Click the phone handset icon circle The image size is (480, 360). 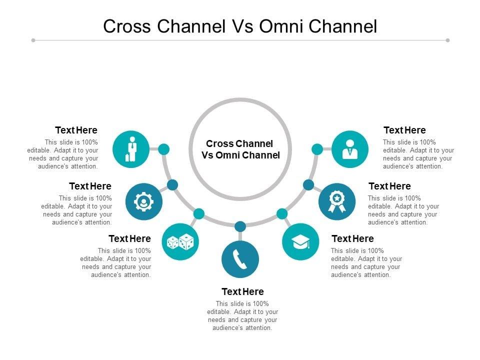pyautogui.click(x=240, y=259)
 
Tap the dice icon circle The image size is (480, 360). pyautogui.click(x=180, y=242)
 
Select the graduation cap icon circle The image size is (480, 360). pyautogui.click(x=300, y=242)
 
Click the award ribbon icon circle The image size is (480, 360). pyautogui.click(x=337, y=201)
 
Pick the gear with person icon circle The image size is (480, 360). pyautogui.click(x=144, y=201)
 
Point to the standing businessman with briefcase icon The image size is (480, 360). pyautogui.click(x=131, y=149)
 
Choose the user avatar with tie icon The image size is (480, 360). pyautogui.click(x=350, y=149)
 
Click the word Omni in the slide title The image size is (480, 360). pyautogui.click(x=281, y=26)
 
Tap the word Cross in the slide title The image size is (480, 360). pyautogui.click(x=127, y=26)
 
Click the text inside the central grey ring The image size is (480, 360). pyautogui.click(x=240, y=149)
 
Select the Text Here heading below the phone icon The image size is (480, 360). pyautogui.click(x=243, y=291)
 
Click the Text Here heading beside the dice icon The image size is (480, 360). pyautogui.click(x=130, y=239)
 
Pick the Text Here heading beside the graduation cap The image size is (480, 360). pyautogui.click(x=352, y=239)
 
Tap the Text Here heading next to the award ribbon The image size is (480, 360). pyautogui.click(x=389, y=186)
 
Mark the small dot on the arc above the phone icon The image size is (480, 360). pyautogui.click(x=240, y=227)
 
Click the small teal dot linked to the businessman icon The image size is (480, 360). pyautogui.click(x=164, y=149)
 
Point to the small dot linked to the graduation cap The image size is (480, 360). pyautogui.click(x=282, y=213)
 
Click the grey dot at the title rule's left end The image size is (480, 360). pyautogui.click(x=33, y=40)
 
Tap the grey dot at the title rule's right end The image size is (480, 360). pyautogui.click(x=447, y=40)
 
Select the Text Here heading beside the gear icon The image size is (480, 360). pyautogui.click(x=90, y=186)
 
